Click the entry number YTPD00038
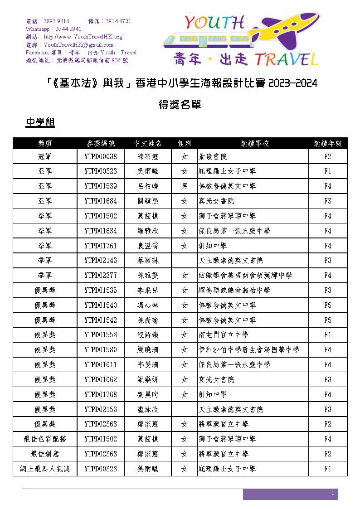[101, 156]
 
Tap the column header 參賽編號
[101, 143]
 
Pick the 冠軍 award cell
[45, 156]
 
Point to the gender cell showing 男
[184, 186]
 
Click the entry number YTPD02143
[101, 261]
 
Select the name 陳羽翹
[147, 156]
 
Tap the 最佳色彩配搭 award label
[45, 439]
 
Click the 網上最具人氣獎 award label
[45, 469]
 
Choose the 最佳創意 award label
[45, 454]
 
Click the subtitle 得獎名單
[180, 105]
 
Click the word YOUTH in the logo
[214, 23]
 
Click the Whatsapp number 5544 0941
[68, 29]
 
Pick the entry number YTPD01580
[101, 350]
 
